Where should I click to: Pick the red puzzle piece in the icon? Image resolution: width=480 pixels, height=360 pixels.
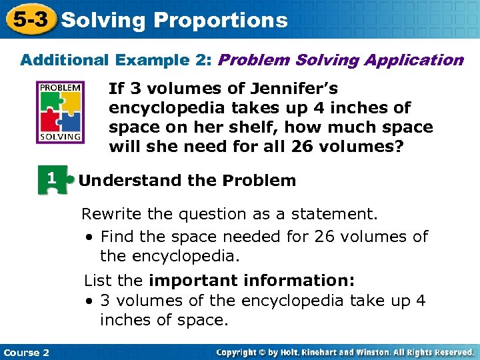point(51,121)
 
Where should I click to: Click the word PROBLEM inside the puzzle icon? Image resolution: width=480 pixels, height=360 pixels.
point(61,87)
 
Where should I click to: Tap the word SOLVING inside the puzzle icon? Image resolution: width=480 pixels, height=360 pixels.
point(61,136)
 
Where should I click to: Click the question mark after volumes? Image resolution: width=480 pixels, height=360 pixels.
point(400,146)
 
